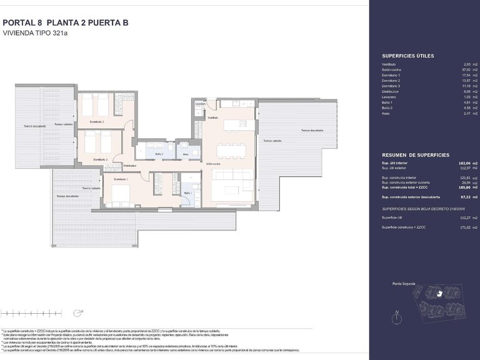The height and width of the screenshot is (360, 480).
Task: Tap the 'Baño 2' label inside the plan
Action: pos(159,153)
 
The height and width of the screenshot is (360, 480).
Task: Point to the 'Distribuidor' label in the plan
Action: pos(130,165)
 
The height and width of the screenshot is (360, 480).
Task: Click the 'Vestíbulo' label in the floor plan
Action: pos(213,117)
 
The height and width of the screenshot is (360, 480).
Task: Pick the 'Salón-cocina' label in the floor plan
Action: pos(213,164)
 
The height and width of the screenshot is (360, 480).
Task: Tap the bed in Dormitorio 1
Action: pos(119,194)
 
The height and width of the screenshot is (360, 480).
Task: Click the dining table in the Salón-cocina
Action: pos(231,150)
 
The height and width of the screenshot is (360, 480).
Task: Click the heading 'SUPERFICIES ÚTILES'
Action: pos(407,56)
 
